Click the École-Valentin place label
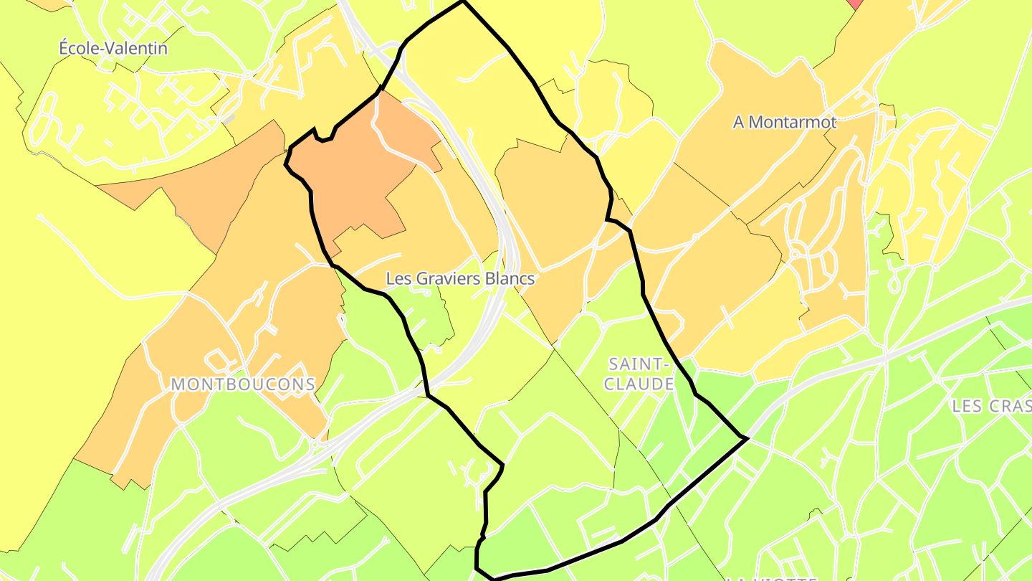click(x=113, y=49)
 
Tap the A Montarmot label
click(x=784, y=123)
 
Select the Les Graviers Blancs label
click(x=460, y=278)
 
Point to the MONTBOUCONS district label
click(x=243, y=384)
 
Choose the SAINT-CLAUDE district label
click(x=639, y=374)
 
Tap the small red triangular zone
click(x=855, y=3)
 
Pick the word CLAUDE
click(x=639, y=384)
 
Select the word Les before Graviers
click(x=397, y=278)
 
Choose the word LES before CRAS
click(x=967, y=406)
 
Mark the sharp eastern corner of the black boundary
click(x=746, y=437)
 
